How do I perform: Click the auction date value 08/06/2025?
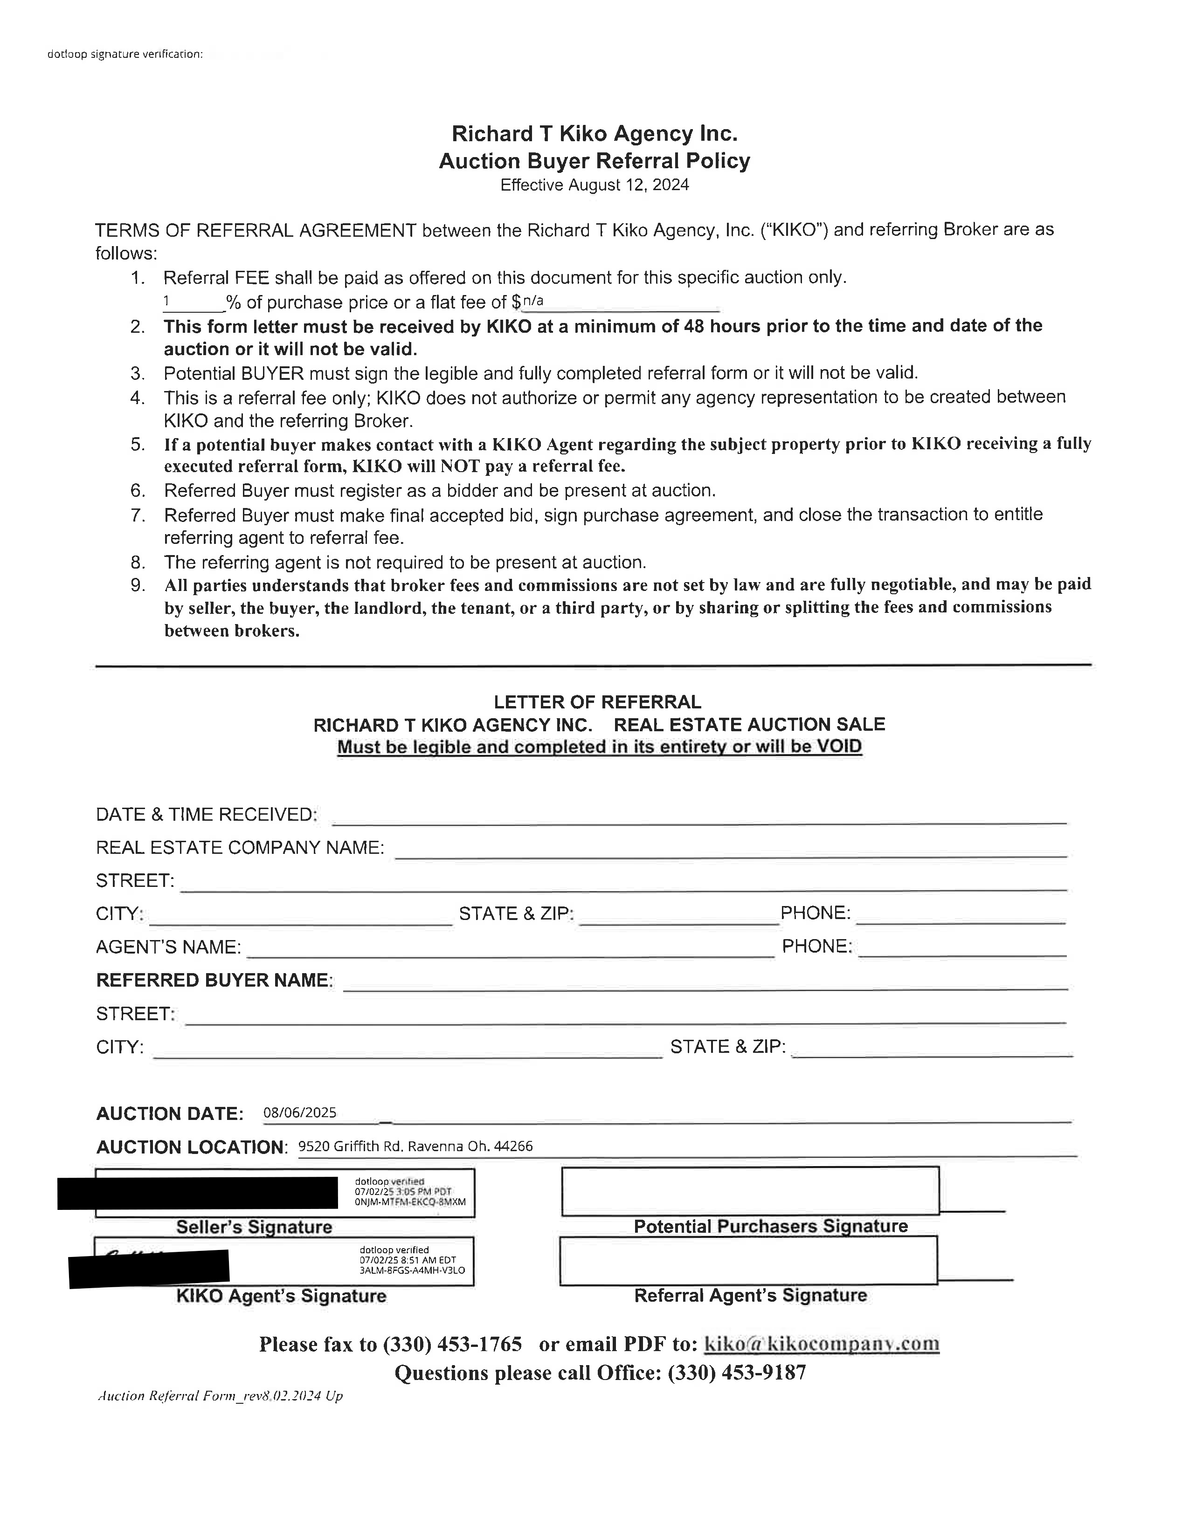[299, 1112]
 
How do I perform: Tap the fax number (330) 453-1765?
[452, 1344]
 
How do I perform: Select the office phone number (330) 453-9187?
[736, 1373]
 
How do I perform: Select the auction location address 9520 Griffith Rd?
[415, 1147]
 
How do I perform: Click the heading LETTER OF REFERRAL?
[597, 702]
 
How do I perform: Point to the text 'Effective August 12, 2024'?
[594, 185]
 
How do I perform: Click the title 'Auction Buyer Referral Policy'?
[594, 161]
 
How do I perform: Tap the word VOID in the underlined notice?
[838, 747]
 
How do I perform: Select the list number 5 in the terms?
[138, 444]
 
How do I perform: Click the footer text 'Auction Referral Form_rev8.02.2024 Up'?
[220, 1396]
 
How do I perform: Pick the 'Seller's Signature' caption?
[254, 1227]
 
